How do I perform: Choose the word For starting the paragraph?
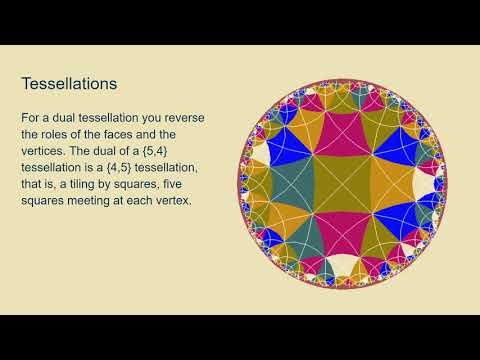(32, 119)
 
